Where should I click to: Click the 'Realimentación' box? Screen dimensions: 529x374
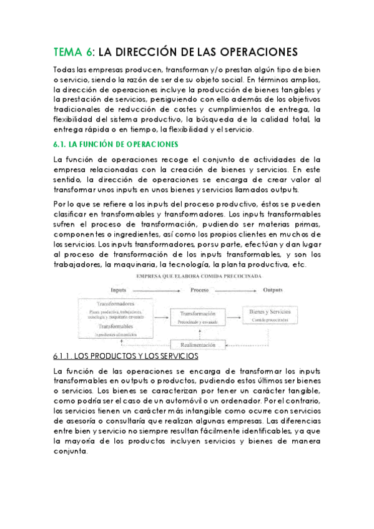tap(197, 344)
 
